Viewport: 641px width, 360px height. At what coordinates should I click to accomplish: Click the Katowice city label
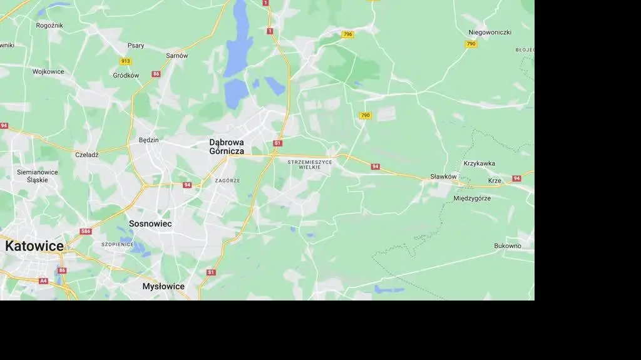point(34,246)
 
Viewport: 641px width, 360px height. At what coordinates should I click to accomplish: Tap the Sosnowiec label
point(150,224)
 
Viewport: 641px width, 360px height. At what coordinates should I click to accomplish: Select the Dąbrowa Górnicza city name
point(227,147)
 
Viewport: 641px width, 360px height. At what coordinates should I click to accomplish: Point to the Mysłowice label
point(163,287)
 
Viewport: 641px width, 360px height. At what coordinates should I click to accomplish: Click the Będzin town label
point(148,140)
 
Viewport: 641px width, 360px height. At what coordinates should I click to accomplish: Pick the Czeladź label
point(87,155)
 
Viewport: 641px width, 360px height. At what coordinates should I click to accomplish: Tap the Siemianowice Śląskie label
point(38,176)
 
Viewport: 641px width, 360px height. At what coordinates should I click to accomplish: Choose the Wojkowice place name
point(48,71)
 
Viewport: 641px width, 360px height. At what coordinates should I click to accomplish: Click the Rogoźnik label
point(49,26)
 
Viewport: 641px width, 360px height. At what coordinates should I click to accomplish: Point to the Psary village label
point(136,46)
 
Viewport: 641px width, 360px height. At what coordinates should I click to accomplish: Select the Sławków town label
point(444,177)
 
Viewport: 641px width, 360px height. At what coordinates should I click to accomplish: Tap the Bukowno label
point(508,246)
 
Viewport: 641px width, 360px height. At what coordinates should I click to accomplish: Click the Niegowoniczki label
point(490,33)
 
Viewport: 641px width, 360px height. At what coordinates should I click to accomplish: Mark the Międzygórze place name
point(472,198)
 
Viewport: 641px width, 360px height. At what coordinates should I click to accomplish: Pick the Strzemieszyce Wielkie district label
point(310,165)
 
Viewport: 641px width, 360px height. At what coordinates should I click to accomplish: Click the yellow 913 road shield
point(126,61)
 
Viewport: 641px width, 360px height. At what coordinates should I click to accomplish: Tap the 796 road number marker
point(347,34)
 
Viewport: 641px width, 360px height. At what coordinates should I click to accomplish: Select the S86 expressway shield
point(86,232)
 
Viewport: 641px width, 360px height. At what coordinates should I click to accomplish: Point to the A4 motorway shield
point(43,281)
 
